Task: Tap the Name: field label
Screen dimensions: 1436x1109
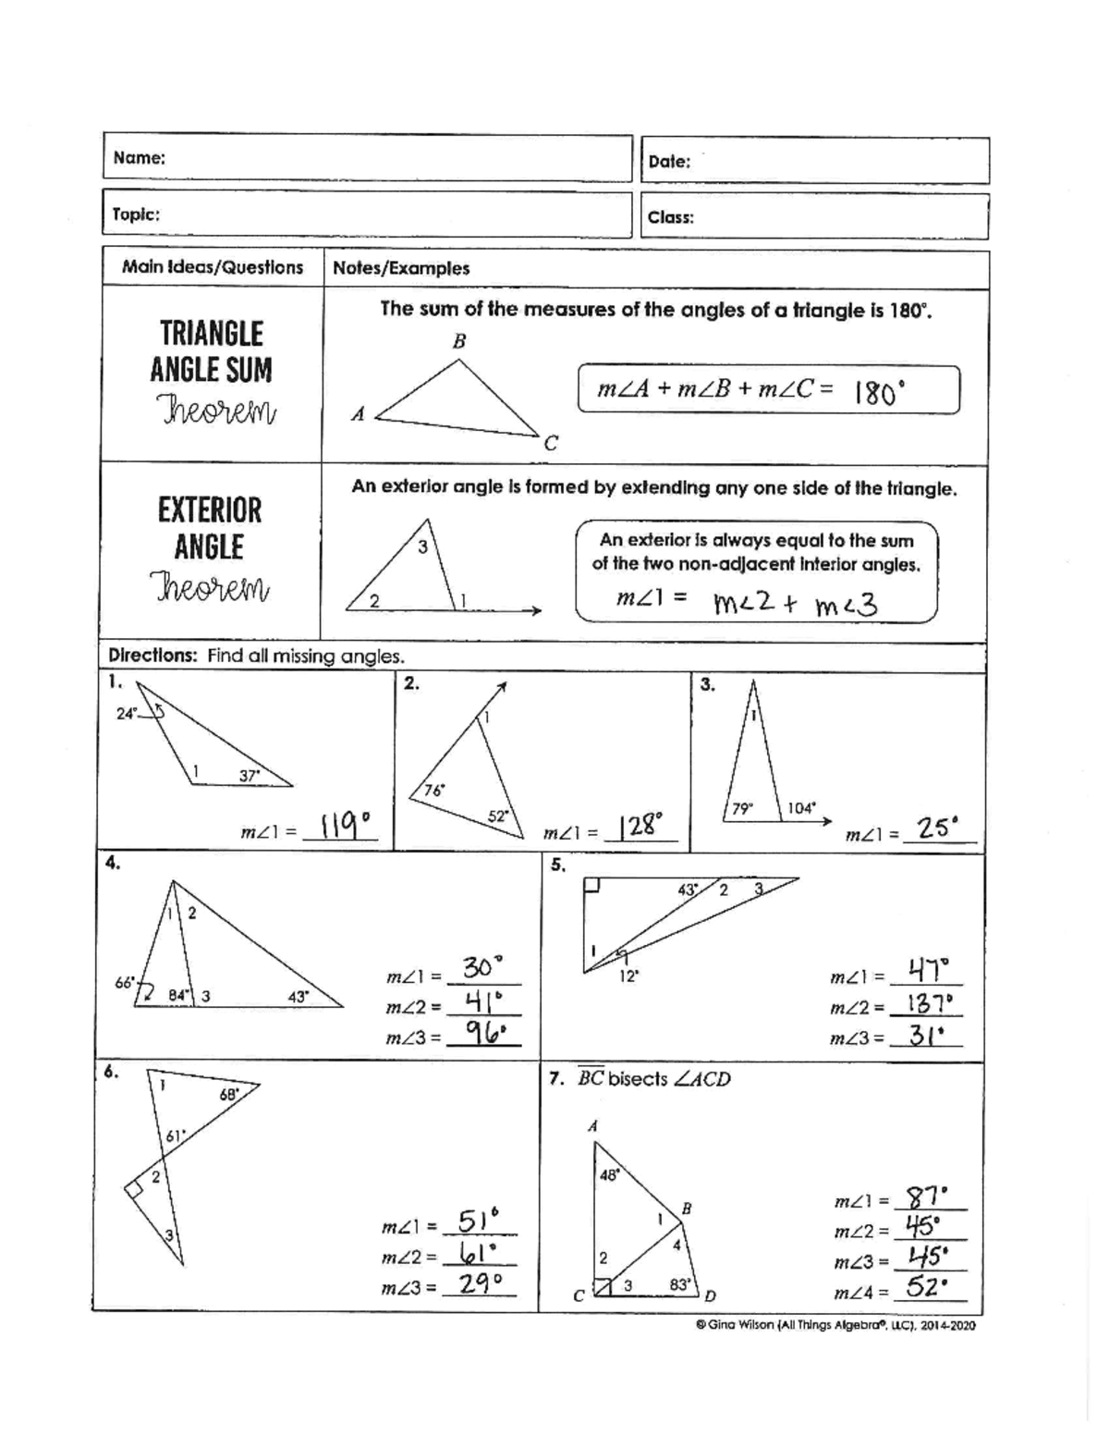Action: tap(139, 158)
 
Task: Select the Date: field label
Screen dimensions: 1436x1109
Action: tap(669, 162)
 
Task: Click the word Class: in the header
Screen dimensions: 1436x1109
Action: tap(670, 218)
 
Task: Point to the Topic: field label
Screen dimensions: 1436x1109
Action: tap(136, 215)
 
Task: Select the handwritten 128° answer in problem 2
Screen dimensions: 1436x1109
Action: tap(640, 825)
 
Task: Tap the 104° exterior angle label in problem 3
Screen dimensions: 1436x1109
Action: tap(800, 808)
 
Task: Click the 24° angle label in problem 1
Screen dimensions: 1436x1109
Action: tap(127, 713)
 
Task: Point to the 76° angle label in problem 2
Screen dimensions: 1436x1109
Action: tap(433, 791)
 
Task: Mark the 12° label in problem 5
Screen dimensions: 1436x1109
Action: tap(628, 976)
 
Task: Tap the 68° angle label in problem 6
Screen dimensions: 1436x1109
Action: tap(229, 1095)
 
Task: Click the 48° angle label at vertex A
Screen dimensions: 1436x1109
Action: tap(610, 1175)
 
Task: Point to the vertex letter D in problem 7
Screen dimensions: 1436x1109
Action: tap(711, 1295)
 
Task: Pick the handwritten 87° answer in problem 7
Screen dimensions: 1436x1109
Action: tap(927, 1198)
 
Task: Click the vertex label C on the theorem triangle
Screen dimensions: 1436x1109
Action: tap(551, 443)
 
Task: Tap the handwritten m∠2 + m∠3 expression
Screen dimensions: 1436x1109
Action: tap(795, 605)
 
